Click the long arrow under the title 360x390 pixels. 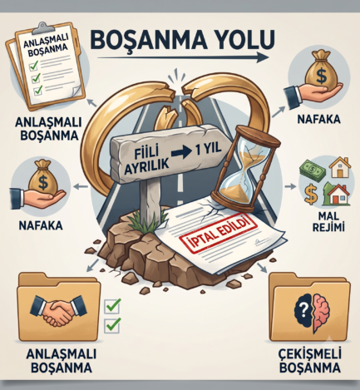click(183, 57)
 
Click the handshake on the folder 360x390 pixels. click(58, 310)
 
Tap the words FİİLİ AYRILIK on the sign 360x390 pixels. click(147, 160)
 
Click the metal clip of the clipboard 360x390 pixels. click(42, 28)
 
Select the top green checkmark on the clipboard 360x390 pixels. click(33, 66)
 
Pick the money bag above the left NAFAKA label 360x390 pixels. click(43, 177)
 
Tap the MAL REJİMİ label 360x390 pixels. click(328, 222)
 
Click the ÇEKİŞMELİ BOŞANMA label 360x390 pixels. click(310, 361)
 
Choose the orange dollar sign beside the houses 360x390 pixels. click(311, 194)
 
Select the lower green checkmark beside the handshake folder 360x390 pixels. click(112, 325)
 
